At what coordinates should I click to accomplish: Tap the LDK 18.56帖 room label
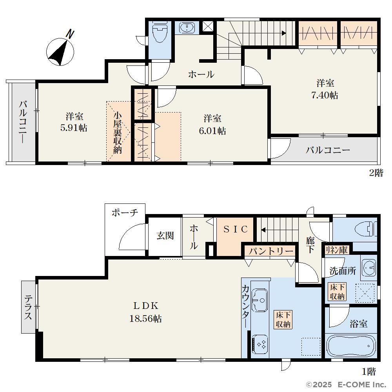(145, 312)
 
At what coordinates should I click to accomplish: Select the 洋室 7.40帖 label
(325, 89)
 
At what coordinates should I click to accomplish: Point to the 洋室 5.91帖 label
(74, 122)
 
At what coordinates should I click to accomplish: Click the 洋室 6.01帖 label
(212, 125)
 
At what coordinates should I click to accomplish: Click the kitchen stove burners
(260, 345)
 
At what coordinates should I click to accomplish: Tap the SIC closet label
(236, 229)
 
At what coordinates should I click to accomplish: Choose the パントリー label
(271, 251)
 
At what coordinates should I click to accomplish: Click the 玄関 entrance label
(165, 236)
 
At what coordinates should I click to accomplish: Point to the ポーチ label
(125, 213)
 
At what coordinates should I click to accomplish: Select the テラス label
(28, 307)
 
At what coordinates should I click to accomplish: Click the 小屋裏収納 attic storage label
(118, 133)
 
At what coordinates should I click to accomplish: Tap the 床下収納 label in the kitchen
(283, 319)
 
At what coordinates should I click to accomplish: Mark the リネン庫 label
(336, 250)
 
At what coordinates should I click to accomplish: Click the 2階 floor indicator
(376, 173)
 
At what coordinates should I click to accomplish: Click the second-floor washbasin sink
(187, 28)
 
